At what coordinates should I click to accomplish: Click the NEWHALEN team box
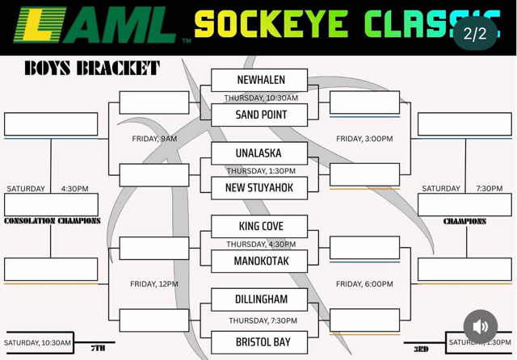pos(259,80)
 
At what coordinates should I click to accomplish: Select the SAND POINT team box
pos(259,115)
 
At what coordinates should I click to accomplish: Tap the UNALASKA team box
pos(259,153)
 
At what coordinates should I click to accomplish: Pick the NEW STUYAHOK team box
pos(259,187)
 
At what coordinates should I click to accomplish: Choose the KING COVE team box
pos(259,226)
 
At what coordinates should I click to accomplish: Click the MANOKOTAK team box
pos(259,261)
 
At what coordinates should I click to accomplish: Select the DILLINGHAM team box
pos(259,299)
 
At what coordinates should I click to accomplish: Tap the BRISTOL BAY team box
pos(259,342)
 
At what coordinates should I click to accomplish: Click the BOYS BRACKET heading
pos(91,68)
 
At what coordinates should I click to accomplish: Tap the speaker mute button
pos(481,327)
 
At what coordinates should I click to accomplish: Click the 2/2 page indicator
pos(475,34)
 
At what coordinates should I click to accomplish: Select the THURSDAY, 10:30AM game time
pos(261,98)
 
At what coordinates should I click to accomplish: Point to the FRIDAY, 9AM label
pos(154,139)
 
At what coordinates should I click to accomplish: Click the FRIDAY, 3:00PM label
pos(364,139)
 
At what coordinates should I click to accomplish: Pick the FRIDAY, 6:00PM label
pos(364,284)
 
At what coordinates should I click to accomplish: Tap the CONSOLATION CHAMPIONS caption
pos(53,221)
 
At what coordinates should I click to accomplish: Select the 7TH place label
pos(98,349)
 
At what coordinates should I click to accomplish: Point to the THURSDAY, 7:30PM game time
pos(261,320)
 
